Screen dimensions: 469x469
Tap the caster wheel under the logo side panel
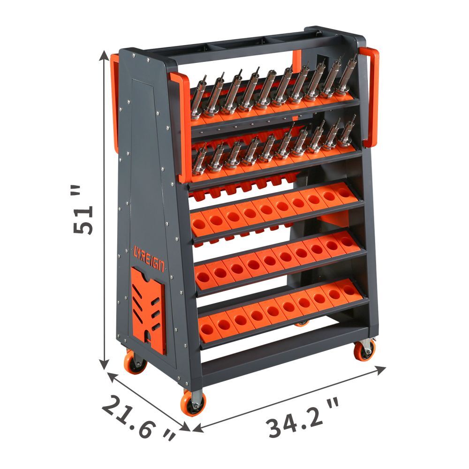pos(135,362)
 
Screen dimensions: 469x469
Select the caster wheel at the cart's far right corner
pos(364,349)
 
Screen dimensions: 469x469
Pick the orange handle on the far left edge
pos(114,103)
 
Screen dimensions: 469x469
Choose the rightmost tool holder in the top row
pos(348,75)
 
